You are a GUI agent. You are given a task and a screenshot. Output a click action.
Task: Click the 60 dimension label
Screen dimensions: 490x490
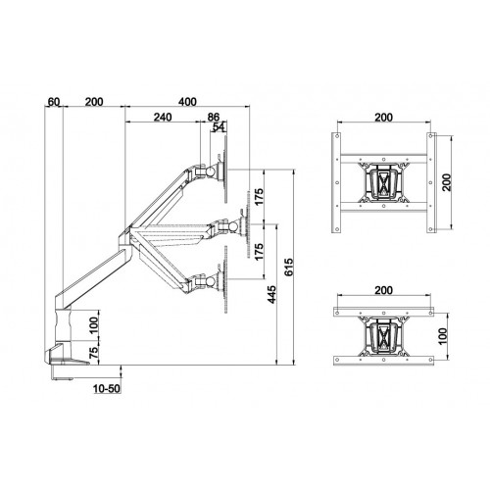click(54, 102)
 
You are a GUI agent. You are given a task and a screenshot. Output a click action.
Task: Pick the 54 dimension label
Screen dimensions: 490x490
click(219, 127)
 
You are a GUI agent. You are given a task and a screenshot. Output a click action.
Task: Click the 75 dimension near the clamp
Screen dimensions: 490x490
click(94, 353)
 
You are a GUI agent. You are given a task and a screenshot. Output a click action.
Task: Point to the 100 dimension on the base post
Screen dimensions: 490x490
click(94, 322)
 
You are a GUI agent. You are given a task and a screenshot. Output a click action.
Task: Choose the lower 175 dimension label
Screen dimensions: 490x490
click(259, 253)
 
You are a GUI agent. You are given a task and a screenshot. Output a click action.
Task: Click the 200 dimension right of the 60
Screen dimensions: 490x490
click(96, 102)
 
